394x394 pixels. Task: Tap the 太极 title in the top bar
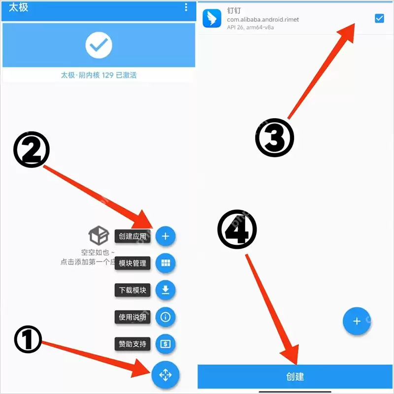coord(18,7)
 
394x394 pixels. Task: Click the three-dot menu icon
coord(186,7)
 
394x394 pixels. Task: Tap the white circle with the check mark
coord(99,45)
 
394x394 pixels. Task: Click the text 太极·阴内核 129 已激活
coord(99,75)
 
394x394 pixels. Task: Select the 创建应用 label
coord(132,236)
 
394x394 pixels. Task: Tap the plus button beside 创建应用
coord(165,236)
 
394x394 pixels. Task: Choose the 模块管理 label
coord(132,263)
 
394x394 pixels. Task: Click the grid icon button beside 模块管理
coord(165,263)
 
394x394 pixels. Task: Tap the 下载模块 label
coord(132,290)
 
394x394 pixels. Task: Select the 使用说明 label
coord(132,317)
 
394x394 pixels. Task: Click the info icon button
coord(165,317)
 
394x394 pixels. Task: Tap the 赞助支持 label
coord(132,344)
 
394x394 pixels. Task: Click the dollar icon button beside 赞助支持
coord(165,344)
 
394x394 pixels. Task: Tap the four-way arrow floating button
coord(165,375)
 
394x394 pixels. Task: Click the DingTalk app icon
coord(212,18)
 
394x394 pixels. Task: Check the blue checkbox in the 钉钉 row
coord(379,18)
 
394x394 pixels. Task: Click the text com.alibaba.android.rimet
coord(263,19)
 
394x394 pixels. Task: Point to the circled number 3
coord(274,138)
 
